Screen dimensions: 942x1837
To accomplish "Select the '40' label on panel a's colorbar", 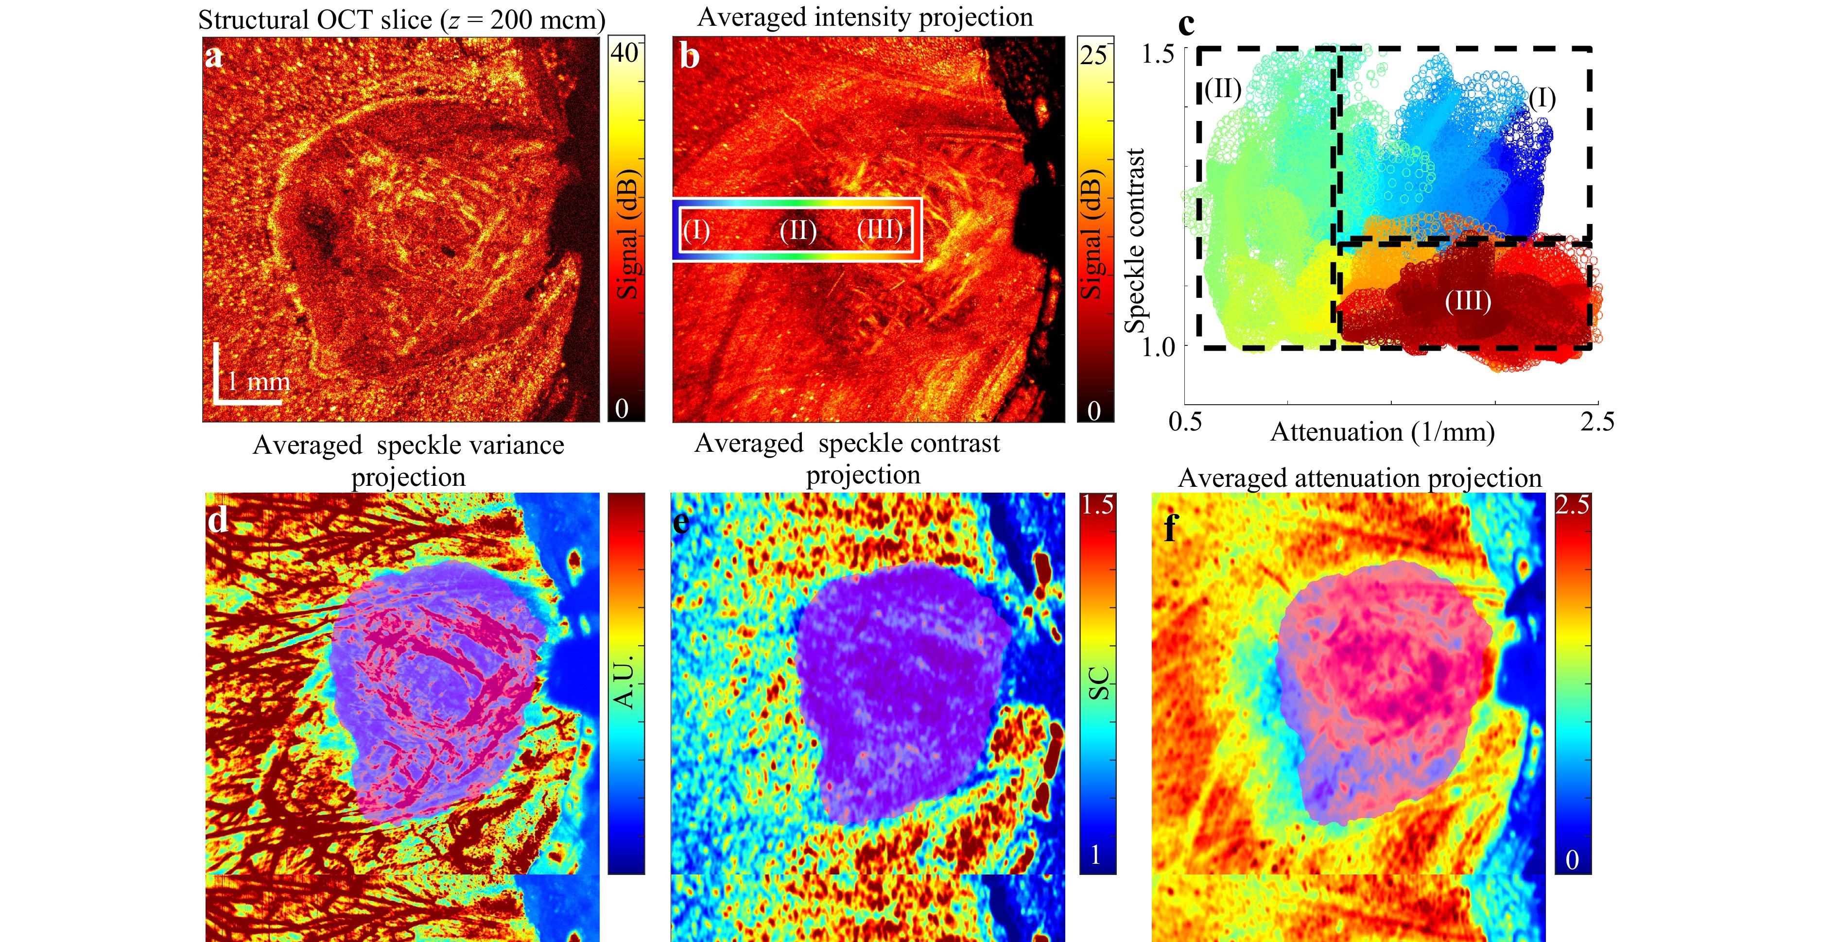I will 624,53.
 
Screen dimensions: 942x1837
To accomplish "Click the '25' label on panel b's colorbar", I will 1093,55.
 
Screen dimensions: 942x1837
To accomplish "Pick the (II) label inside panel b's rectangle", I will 798,230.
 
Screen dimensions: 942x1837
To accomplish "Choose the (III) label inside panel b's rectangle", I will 880,230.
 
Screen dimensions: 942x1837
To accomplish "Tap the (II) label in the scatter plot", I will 1223,89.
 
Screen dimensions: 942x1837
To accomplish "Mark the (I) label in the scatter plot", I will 1542,99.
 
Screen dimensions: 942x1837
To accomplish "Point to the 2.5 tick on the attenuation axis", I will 1596,422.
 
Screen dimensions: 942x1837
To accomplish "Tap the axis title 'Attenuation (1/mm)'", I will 1382,432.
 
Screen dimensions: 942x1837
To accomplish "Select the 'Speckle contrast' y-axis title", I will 1135,241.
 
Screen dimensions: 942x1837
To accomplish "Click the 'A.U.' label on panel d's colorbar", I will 624,683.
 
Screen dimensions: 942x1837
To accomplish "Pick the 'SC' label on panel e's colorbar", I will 1098,683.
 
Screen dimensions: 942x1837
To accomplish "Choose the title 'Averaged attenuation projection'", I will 1359,478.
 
